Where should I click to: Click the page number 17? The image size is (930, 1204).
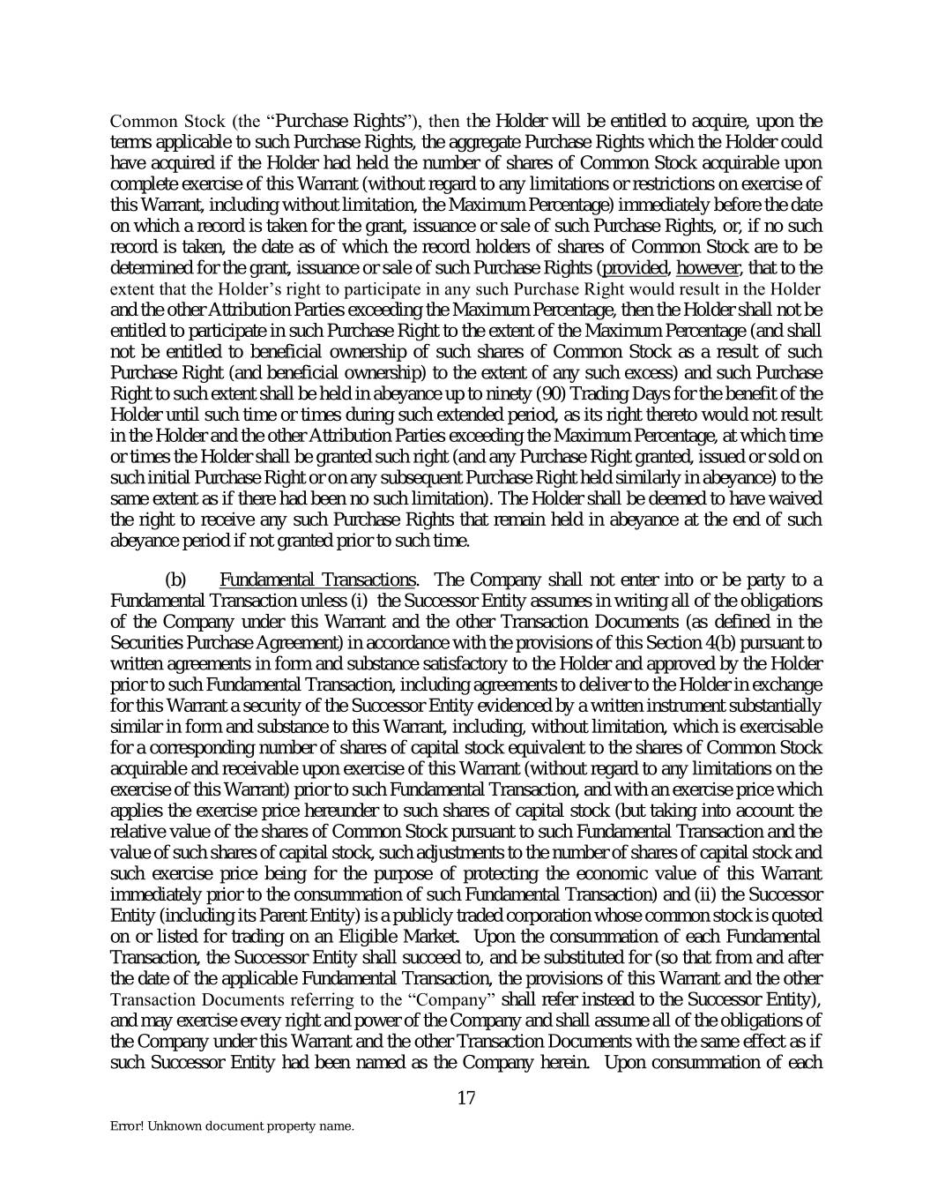466,1098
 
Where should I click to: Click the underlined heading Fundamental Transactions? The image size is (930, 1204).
317,580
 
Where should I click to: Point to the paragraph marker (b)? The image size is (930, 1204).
176,580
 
